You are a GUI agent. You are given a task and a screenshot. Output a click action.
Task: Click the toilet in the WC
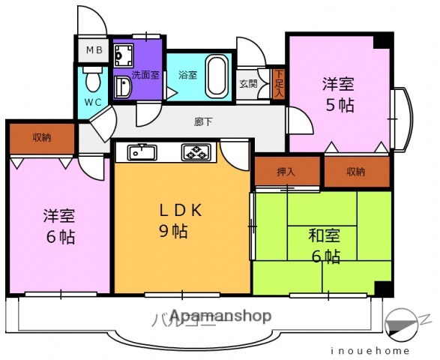click(93, 78)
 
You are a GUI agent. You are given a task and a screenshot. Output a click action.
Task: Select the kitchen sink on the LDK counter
click(140, 152)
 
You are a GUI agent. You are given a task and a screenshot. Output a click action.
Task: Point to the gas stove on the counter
click(197, 153)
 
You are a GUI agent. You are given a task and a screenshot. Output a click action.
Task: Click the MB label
click(94, 50)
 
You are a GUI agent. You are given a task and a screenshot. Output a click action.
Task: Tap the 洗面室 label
click(145, 74)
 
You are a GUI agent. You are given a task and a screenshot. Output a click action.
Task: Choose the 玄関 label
click(249, 84)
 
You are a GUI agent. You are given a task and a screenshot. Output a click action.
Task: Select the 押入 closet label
click(286, 171)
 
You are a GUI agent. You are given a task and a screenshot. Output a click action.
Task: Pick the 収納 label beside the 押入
click(356, 171)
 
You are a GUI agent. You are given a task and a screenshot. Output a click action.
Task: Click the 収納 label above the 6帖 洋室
click(42, 137)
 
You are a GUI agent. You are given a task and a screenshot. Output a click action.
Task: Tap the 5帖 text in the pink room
click(339, 104)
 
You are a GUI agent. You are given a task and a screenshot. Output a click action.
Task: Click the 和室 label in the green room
click(325, 236)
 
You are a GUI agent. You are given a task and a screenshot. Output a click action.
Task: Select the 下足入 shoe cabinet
click(278, 83)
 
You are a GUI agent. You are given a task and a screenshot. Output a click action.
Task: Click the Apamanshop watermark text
click(220, 316)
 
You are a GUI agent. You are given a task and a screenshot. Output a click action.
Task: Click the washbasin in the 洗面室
click(122, 88)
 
